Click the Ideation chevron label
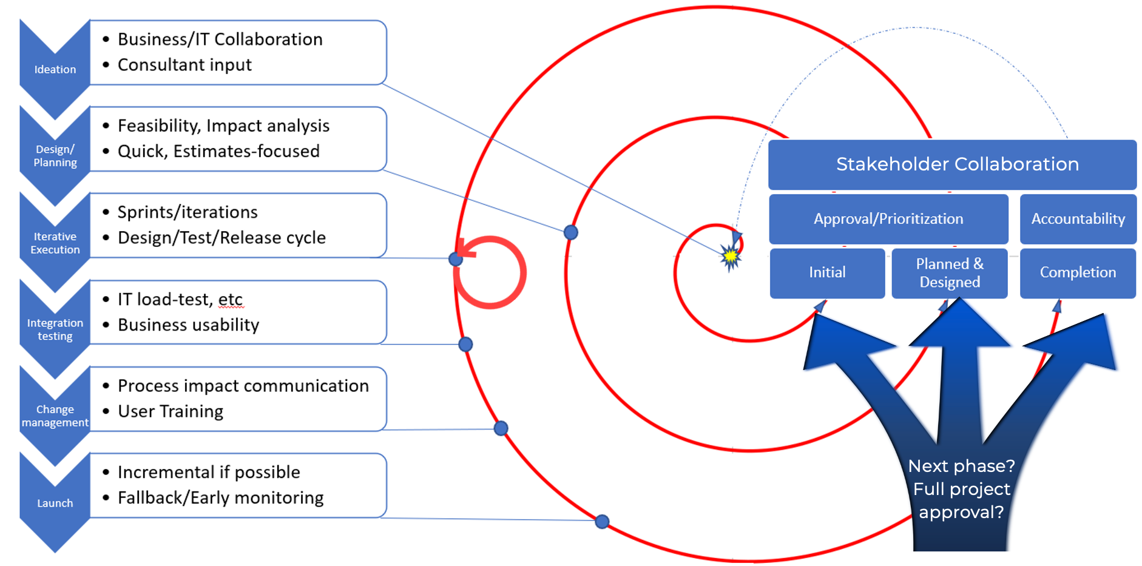(x=55, y=69)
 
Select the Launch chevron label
(x=55, y=503)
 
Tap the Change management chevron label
(x=55, y=416)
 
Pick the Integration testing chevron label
(x=55, y=329)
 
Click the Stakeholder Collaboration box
(x=952, y=164)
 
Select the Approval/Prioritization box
(x=888, y=219)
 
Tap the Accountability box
(x=1078, y=219)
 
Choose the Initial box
(x=827, y=273)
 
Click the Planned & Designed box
(x=950, y=273)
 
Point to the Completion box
(x=1078, y=273)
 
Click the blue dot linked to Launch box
(x=602, y=521)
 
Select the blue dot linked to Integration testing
(x=465, y=345)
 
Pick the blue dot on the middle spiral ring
(x=570, y=232)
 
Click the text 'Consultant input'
(x=184, y=65)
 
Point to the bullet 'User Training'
(x=171, y=411)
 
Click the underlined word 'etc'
(x=230, y=300)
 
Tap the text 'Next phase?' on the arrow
(x=961, y=466)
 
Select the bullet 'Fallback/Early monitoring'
(x=220, y=498)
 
